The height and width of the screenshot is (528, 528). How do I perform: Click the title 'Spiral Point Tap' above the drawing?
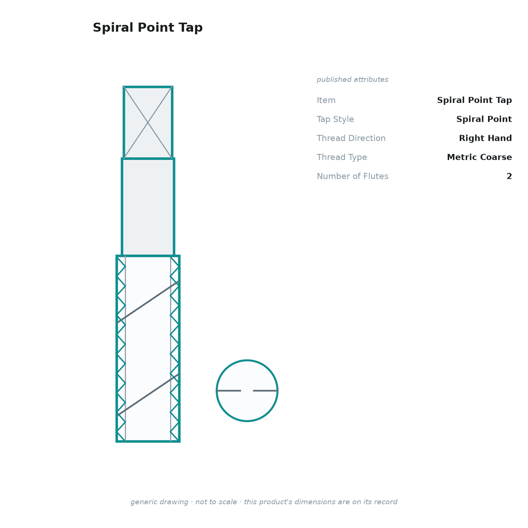coord(147,28)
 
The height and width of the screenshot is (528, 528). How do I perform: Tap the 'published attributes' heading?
coord(352,80)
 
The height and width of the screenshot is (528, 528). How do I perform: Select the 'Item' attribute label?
coord(326,100)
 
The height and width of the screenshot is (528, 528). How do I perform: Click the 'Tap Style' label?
coord(335,119)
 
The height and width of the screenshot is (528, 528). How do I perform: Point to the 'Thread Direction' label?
coord(351,138)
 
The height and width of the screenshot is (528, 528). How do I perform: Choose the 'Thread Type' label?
coord(342,157)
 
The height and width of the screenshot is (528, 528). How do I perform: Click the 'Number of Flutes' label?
coord(352,176)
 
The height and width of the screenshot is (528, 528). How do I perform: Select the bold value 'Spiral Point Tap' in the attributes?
coord(474,100)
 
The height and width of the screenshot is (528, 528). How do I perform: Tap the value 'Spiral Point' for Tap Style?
coord(484,119)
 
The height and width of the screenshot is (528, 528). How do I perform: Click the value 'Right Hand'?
coord(485,138)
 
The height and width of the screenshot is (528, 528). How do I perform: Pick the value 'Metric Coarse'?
coord(479,157)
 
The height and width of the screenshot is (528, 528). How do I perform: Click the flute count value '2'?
coord(509,176)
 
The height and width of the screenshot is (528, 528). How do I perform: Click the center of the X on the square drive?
coord(148,123)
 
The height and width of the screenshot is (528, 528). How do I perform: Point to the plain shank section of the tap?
coord(148,207)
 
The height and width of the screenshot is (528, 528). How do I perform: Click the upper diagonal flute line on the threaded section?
coord(148,302)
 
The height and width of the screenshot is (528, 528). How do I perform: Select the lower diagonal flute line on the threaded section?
coord(148,394)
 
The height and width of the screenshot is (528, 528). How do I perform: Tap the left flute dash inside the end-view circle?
coord(229,390)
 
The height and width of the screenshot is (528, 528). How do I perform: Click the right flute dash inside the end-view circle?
coord(265,390)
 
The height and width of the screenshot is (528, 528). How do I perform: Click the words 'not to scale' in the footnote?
coord(216,502)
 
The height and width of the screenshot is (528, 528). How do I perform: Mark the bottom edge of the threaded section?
coord(148,441)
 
